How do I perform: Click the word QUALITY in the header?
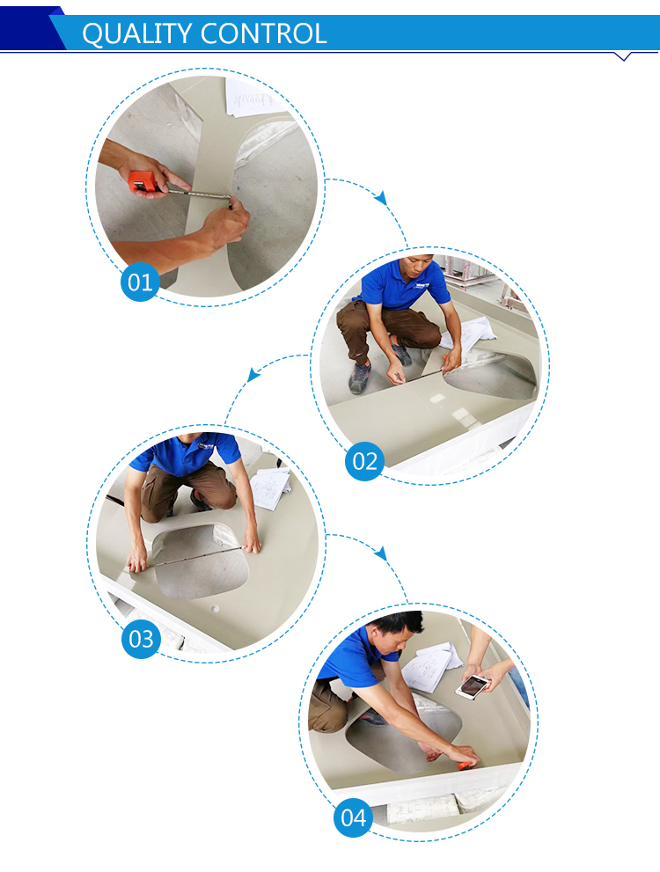point(137,34)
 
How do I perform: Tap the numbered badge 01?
point(140,282)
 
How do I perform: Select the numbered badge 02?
point(364,461)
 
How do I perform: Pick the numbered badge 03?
point(141,639)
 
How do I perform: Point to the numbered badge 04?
point(354,817)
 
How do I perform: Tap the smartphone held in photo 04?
point(473,687)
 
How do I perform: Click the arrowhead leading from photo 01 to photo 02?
point(381,197)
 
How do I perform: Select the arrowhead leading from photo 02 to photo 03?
point(253,374)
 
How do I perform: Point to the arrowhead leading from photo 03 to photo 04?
point(381,553)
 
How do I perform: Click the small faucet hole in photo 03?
point(216,608)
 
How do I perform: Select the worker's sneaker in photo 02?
point(360,376)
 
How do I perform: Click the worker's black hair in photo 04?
point(398,622)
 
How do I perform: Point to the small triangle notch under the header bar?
point(623,56)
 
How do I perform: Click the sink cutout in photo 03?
point(200,561)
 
